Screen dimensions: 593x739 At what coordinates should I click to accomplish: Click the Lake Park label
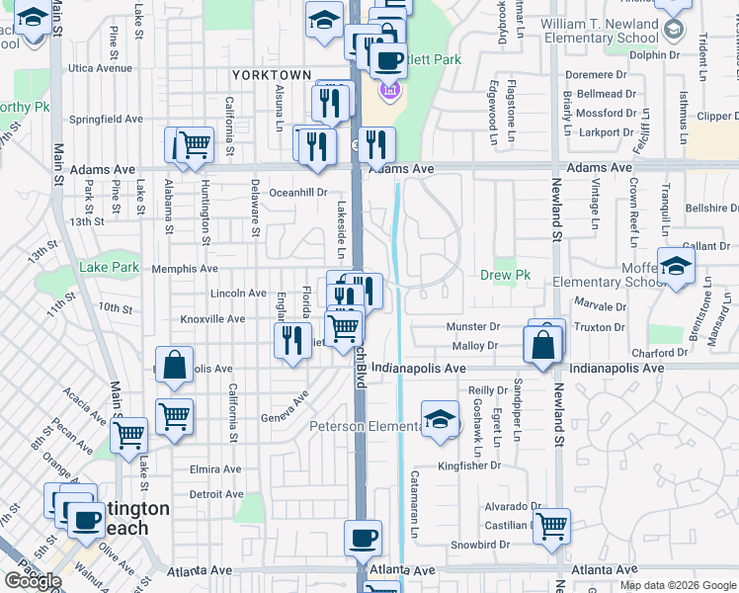click(x=109, y=268)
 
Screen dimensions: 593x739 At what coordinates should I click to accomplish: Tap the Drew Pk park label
click(x=499, y=275)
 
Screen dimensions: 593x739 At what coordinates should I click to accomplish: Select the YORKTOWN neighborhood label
click(x=272, y=75)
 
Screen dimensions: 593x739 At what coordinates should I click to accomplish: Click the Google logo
click(x=32, y=581)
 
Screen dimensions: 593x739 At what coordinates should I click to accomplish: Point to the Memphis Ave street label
click(x=185, y=269)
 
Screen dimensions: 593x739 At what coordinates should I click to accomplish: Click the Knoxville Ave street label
click(x=212, y=319)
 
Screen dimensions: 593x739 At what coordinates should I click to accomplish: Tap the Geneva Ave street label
click(x=286, y=406)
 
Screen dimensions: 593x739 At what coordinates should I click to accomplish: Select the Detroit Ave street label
click(x=215, y=494)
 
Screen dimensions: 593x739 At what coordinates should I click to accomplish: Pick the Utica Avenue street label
click(x=100, y=69)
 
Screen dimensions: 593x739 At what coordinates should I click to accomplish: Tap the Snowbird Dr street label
click(x=480, y=545)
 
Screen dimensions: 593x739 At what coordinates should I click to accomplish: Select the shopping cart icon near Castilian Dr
click(x=551, y=525)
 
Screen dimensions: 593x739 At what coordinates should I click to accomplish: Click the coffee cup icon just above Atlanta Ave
click(x=363, y=538)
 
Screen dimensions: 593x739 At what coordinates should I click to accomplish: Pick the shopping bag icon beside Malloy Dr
click(x=543, y=345)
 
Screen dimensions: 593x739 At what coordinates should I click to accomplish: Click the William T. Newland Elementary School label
click(x=599, y=31)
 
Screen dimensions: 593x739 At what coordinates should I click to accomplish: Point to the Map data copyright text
click(x=678, y=585)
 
